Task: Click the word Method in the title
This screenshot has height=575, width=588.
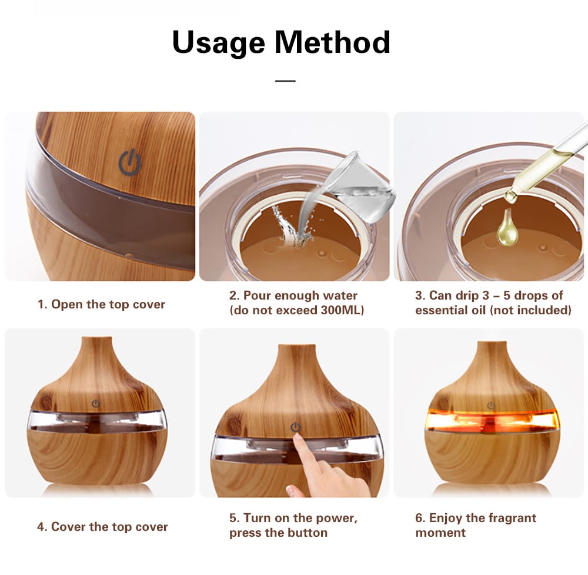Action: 333,42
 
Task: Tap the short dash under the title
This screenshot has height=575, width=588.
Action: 285,80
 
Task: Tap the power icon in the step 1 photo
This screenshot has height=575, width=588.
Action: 129,162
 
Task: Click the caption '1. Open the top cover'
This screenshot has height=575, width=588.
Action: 101,304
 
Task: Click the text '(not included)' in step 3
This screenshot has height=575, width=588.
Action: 530,310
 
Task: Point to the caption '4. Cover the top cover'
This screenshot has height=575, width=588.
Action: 102,527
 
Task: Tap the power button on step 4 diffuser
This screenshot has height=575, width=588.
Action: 96,404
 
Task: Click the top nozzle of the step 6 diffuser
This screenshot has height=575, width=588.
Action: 491,346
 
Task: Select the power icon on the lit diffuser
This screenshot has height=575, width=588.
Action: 491,406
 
